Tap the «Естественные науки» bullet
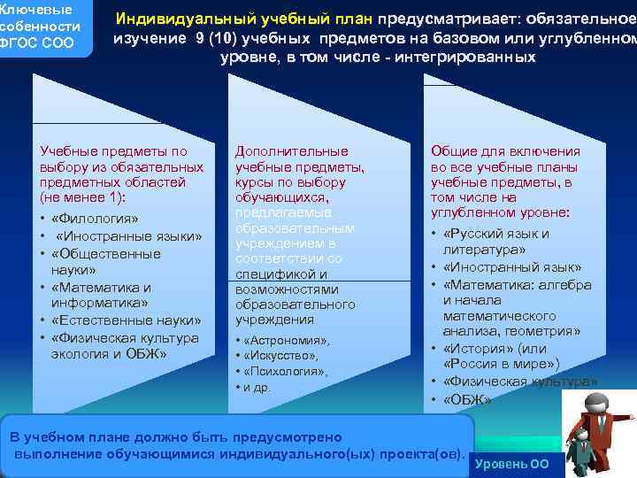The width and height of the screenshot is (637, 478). click(126, 320)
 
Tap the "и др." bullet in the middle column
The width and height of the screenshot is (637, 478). click(258, 388)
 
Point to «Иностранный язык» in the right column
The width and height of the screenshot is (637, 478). click(512, 267)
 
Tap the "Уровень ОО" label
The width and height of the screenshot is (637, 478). click(511, 464)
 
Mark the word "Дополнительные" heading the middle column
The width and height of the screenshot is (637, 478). click(291, 151)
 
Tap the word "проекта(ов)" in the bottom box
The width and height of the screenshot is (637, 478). click(426, 454)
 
